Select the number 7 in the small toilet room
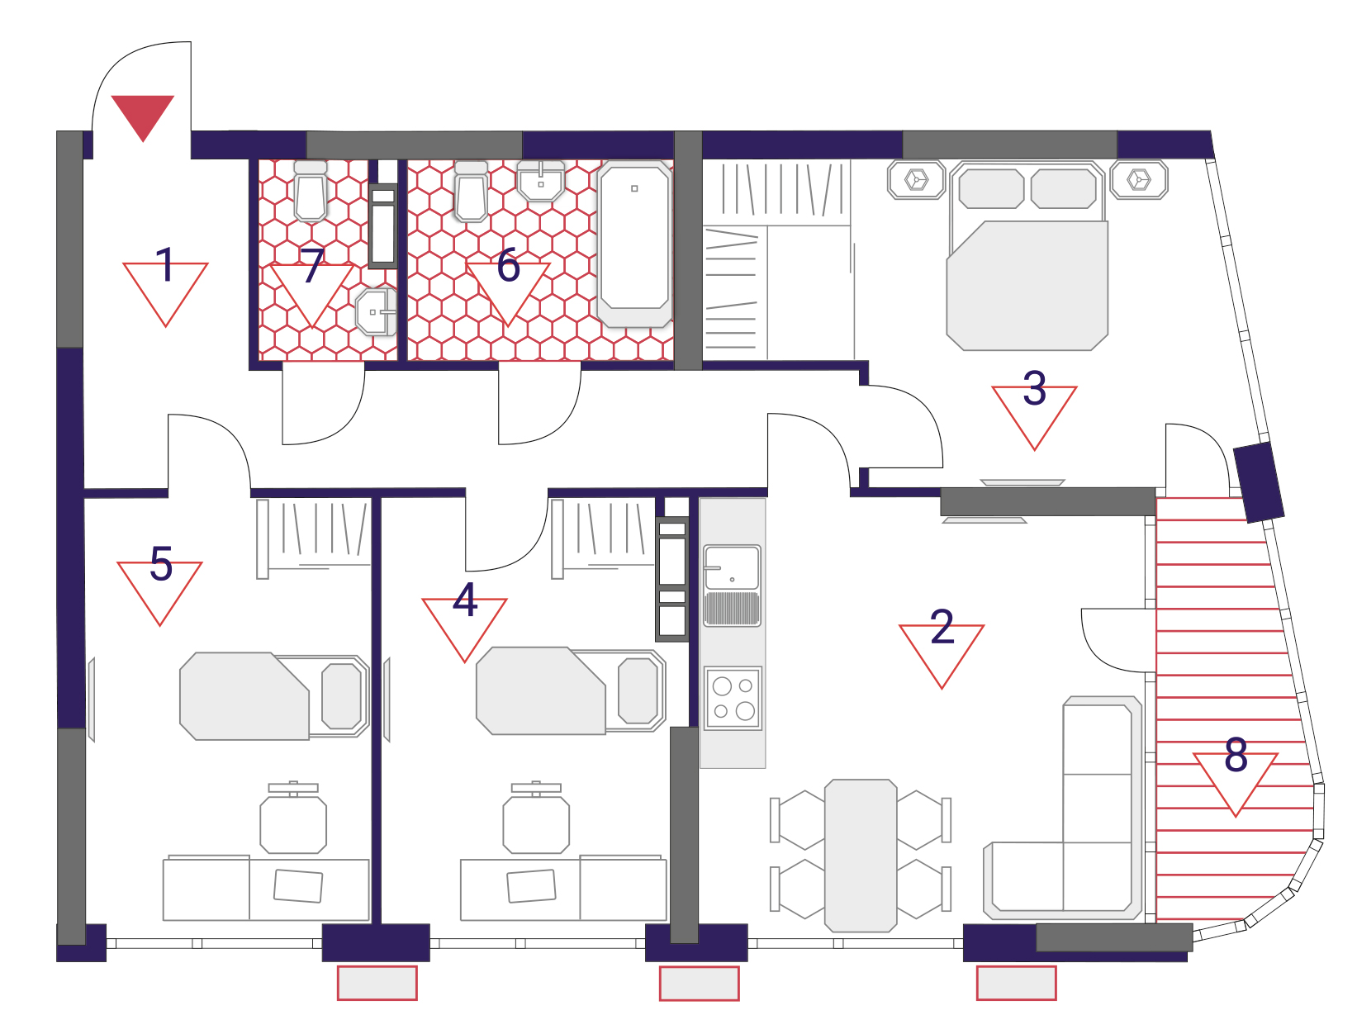(x=312, y=265)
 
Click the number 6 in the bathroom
(x=508, y=265)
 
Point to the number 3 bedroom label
(x=1034, y=388)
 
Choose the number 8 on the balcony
(x=1236, y=755)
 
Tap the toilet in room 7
(x=311, y=191)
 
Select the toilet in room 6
(x=471, y=191)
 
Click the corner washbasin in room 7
(x=376, y=311)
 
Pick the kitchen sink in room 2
(x=732, y=586)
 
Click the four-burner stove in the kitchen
(x=733, y=699)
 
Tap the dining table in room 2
(x=861, y=856)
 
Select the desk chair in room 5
(x=293, y=818)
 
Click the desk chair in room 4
(x=536, y=818)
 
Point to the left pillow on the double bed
(x=991, y=188)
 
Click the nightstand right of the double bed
(x=1139, y=180)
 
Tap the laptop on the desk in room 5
(x=298, y=885)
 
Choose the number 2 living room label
(x=942, y=627)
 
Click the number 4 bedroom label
(x=465, y=600)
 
